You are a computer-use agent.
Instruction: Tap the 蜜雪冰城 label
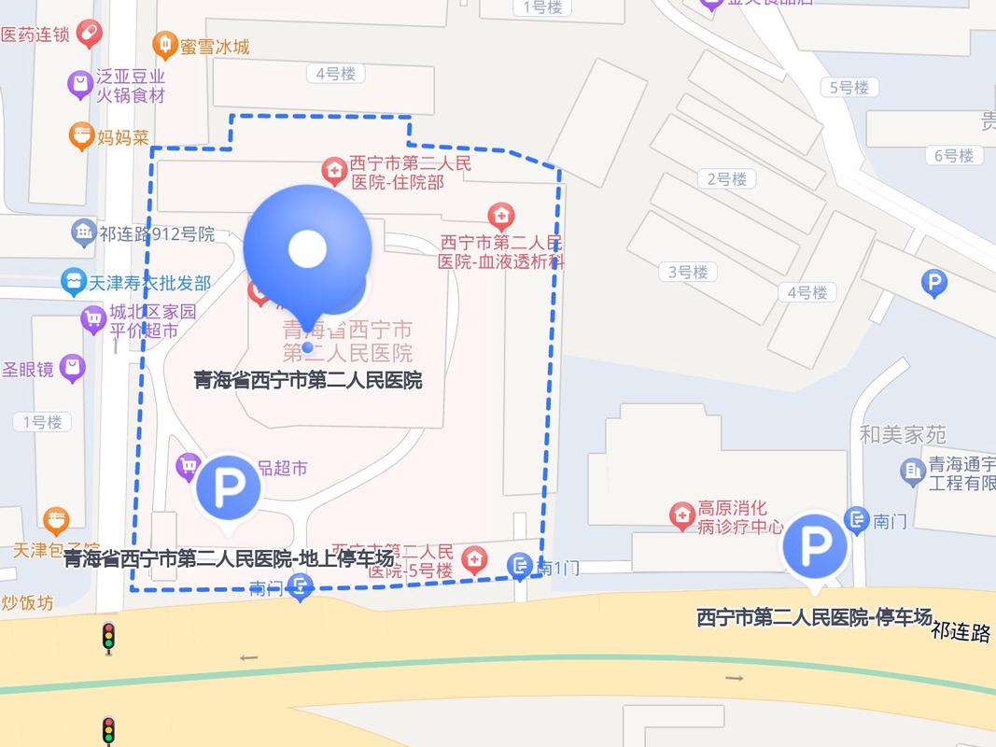215,46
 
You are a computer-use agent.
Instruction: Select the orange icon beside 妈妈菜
82,136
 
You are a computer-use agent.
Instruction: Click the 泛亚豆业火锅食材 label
131,86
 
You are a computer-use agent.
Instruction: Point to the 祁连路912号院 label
157,233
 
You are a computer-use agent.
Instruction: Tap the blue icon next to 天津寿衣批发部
74,281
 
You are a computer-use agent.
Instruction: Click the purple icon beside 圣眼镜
72,369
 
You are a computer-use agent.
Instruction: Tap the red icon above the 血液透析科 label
501,217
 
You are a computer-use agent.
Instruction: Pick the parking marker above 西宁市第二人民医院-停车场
814,546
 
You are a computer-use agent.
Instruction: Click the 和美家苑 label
903,434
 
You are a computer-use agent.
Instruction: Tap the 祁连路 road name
961,632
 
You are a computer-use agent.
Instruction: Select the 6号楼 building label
954,156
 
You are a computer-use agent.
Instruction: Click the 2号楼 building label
726,179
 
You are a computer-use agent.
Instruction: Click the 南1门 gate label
559,567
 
